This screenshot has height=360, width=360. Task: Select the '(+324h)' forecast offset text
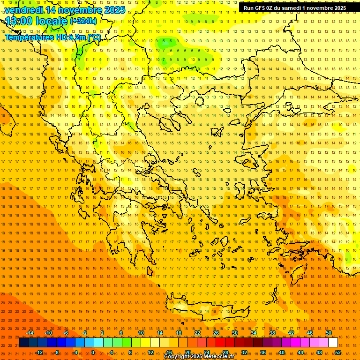83,21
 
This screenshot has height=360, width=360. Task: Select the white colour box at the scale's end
333,343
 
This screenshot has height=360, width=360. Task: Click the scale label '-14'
30,333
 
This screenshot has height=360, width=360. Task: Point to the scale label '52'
337,352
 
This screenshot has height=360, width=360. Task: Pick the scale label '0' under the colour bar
93,352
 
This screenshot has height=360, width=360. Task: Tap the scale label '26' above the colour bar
216,333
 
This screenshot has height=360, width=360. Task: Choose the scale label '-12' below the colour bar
39,352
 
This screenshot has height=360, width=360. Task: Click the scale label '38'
272,333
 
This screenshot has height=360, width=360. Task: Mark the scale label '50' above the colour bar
329,333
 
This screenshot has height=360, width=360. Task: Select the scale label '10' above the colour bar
141,333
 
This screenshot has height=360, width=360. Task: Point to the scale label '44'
300,352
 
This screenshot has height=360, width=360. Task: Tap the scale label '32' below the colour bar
244,352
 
